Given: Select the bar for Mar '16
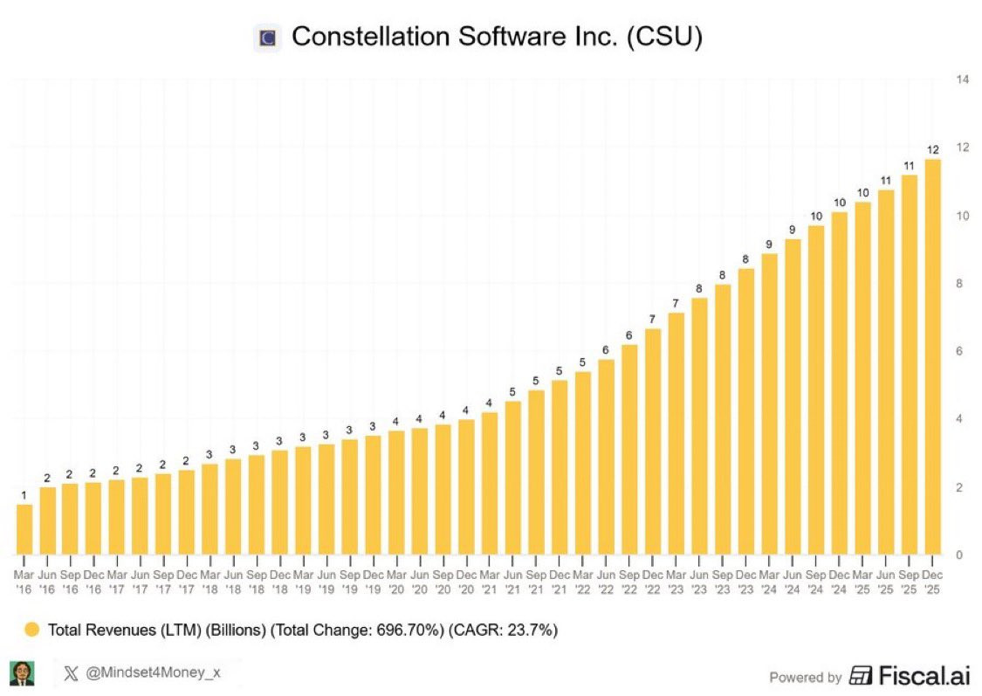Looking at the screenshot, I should click(24, 529).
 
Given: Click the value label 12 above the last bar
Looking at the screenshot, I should click(932, 149).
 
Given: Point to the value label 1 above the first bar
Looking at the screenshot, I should click(24, 495).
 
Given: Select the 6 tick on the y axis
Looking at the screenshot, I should click(960, 351).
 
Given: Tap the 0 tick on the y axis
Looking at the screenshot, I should click(959, 555).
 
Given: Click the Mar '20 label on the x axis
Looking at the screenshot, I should click(396, 583).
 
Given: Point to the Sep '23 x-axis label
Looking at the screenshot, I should click(723, 583).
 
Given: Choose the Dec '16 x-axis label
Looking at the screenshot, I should click(93, 583).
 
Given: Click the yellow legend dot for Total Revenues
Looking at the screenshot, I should click(32, 629).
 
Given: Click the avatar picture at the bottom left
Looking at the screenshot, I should click(22, 673).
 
